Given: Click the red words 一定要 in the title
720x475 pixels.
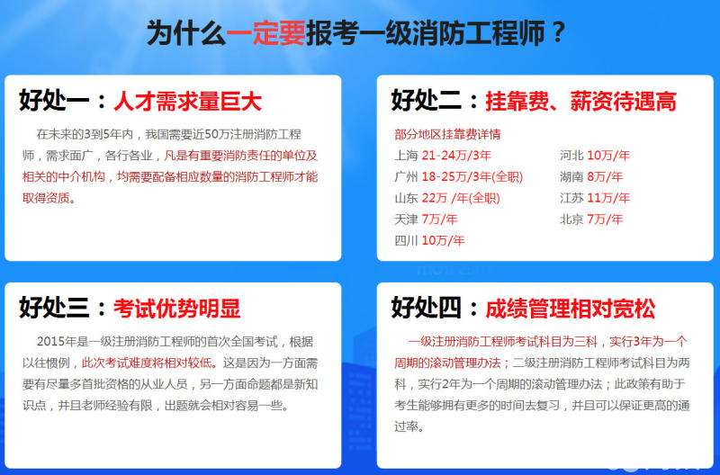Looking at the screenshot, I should pyautogui.click(x=265, y=33).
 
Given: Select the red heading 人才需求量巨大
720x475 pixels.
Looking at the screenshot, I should pyautogui.click(x=187, y=102).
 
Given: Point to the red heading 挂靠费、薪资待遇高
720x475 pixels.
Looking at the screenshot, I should pyautogui.click(x=580, y=101).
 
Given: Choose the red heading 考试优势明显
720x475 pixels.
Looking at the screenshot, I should pyautogui.click(x=177, y=309).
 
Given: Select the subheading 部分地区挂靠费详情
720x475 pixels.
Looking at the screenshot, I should pyautogui.click(x=447, y=135).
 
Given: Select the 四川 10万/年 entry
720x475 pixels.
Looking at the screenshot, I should pyautogui.click(x=429, y=240).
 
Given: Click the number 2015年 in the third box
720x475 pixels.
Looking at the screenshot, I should pyautogui.click(x=58, y=342).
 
